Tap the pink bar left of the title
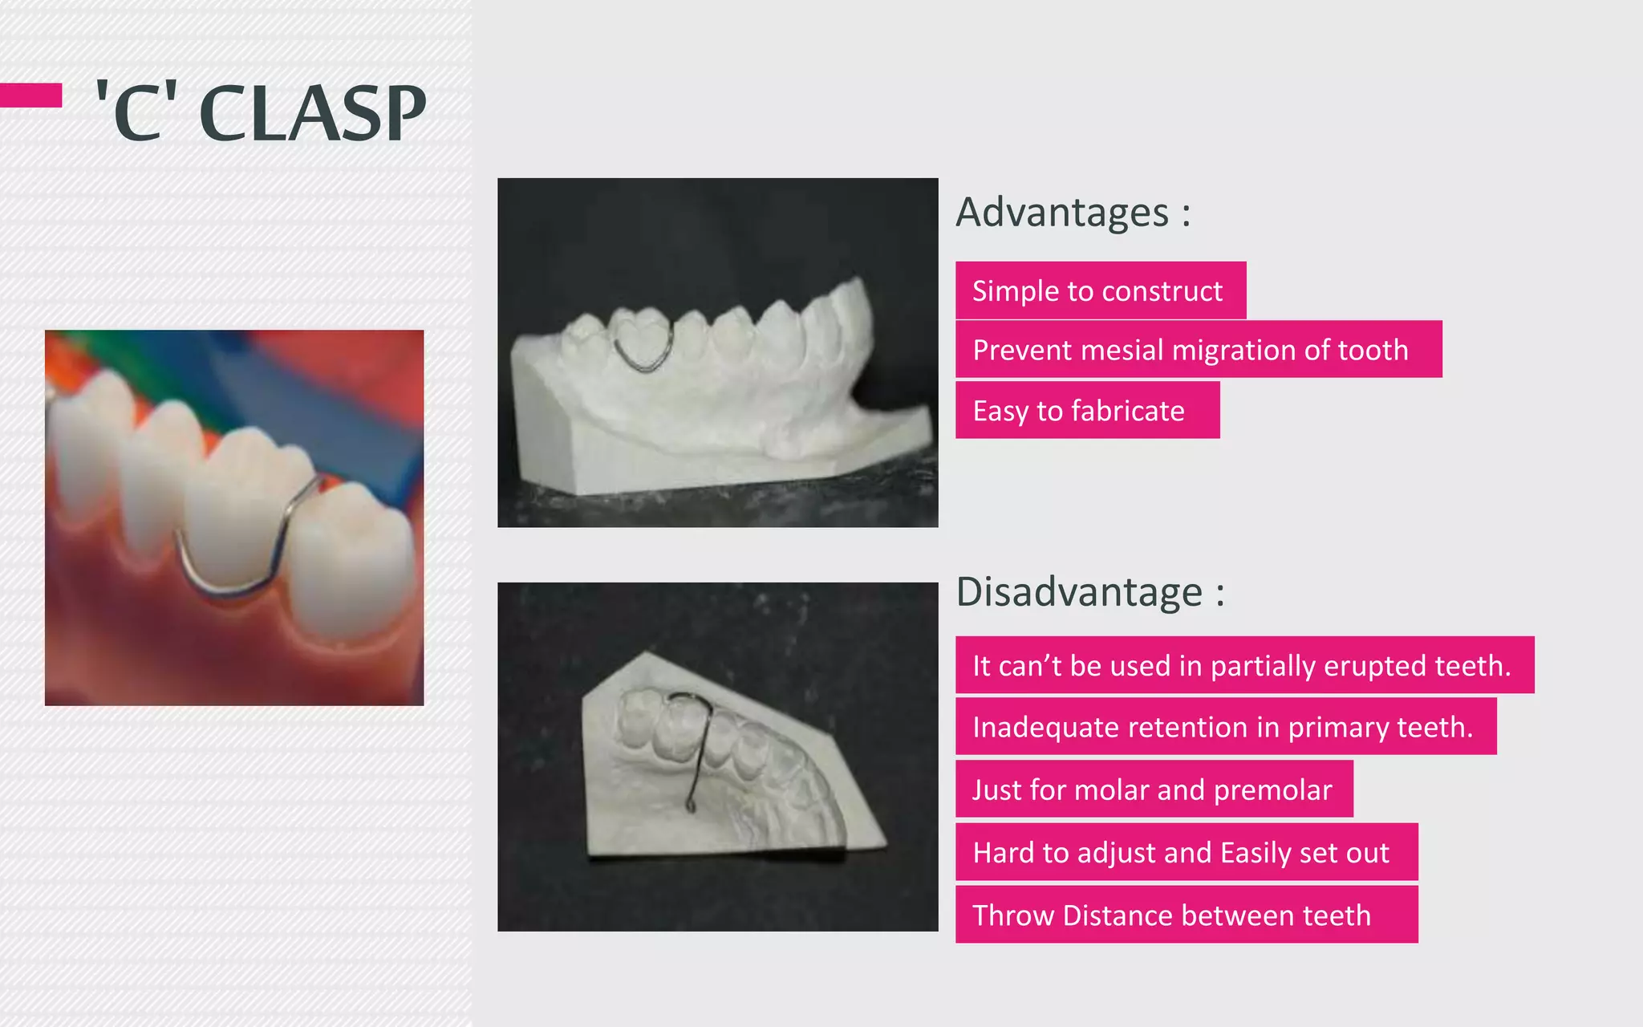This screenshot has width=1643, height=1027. click(x=30, y=95)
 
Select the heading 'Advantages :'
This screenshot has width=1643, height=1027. click(x=1073, y=213)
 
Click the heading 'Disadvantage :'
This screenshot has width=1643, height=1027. click(x=1089, y=592)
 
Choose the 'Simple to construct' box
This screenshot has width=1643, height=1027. click(x=1100, y=290)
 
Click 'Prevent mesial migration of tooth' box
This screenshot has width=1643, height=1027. click(x=1198, y=350)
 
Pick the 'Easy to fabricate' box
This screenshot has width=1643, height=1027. click(x=1086, y=411)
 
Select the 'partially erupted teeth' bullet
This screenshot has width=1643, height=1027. click(x=1243, y=665)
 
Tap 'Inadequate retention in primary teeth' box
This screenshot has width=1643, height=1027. click(x=1225, y=727)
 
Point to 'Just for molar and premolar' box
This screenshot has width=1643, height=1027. click(x=1153, y=790)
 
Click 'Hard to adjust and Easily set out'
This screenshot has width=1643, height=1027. click(x=1186, y=852)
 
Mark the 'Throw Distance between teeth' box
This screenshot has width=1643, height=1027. click(x=1186, y=915)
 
